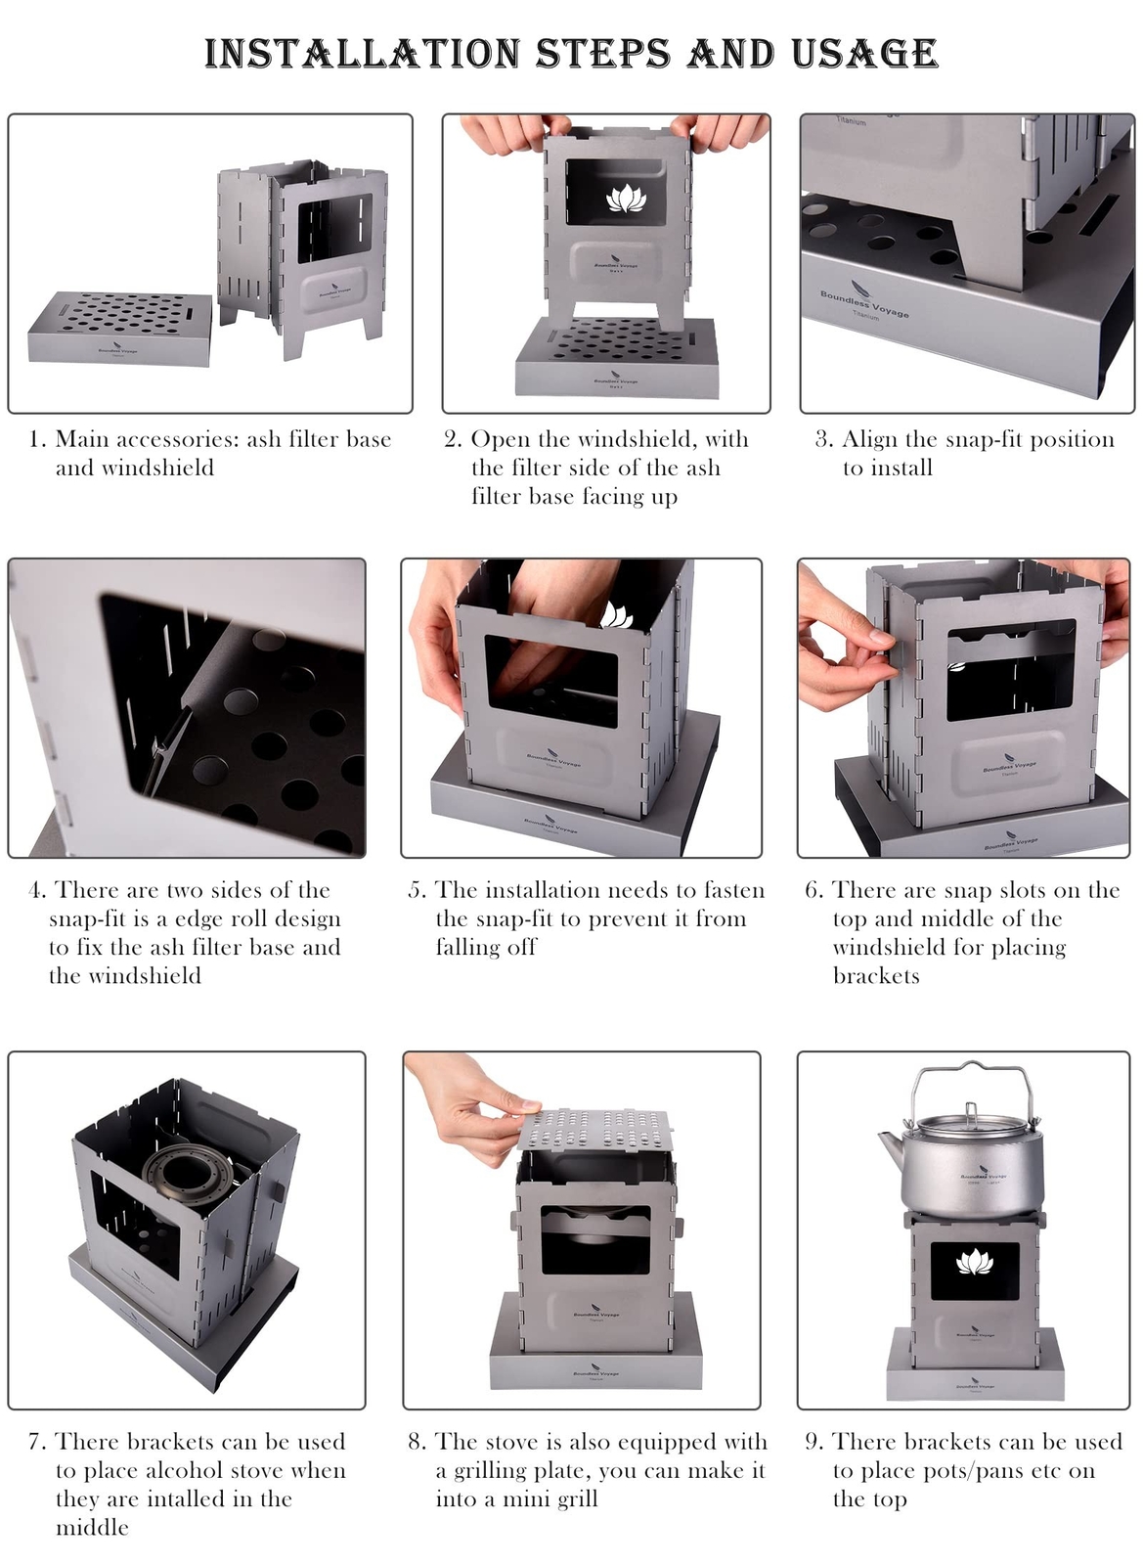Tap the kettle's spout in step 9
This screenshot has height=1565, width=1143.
(x=890, y=1143)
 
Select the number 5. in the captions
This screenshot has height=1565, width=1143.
(x=418, y=890)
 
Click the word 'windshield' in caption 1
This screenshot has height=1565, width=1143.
(x=134, y=468)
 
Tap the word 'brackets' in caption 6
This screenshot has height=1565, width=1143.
(x=876, y=976)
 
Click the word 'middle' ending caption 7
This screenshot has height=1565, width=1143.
(x=92, y=1527)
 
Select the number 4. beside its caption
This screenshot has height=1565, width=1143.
(x=37, y=890)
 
